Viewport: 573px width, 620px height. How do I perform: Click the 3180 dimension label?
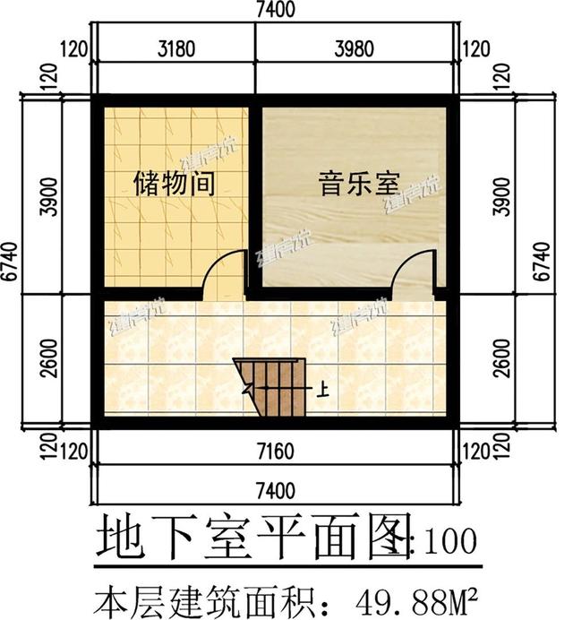pyautogui.click(x=175, y=48)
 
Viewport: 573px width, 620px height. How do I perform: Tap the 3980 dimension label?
pyautogui.click(x=356, y=48)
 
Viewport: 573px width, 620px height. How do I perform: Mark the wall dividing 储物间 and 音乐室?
pyautogui.click(x=255, y=197)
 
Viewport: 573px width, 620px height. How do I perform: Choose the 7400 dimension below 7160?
pyautogui.click(x=274, y=490)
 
